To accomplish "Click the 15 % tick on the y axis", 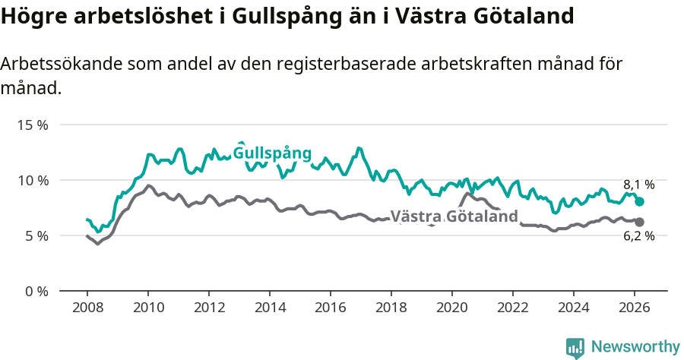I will (32, 125).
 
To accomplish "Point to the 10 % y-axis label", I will (32, 180).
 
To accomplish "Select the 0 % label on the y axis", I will (35, 291).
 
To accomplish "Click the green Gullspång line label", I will (272, 153).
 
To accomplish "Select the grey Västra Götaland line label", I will (454, 216).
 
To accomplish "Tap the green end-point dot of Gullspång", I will (640, 202).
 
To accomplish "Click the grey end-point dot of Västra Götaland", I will (640, 222).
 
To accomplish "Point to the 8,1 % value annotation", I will (638, 185).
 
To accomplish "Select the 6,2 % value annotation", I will (638, 236).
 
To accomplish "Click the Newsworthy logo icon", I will (575, 348).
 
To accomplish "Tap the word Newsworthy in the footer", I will (635, 347).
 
